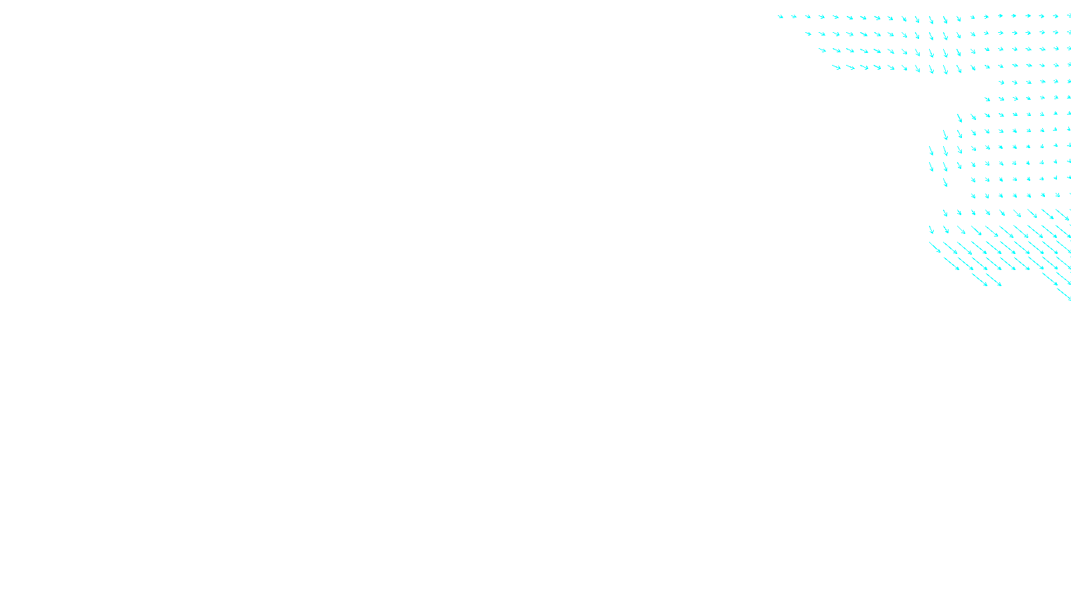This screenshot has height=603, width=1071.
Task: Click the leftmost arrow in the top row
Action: coord(780,17)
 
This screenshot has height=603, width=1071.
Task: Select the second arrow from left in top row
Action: coord(795,17)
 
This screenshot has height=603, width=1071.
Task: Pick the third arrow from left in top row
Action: coord(808,17)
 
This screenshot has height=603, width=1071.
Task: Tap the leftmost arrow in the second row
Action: coord(809,33)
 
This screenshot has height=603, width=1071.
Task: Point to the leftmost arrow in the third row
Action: coord(823,50)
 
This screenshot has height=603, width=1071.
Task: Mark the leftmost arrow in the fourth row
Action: coord(836,67)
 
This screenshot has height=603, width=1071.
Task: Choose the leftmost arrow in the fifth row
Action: coord(1001,82)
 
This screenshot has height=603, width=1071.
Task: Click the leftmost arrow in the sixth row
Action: coord(987,99)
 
